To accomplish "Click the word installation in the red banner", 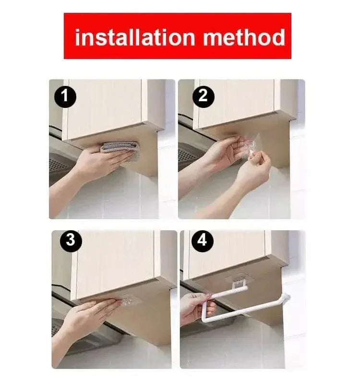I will pyautogui.click(x=136, y=36).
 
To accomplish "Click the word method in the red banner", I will pyautogui.click(x=244, y=36).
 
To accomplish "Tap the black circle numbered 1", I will pyautogui.click(x=65, y=97).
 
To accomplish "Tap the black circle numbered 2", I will pyautogui.click(x=203, y=96).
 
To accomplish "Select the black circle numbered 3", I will pyautogui.click(x=71, y=240).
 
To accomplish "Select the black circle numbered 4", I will pyautogui.click(x=202, y=240).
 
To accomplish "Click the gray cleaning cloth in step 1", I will pyautogui.click(x=120, y=146).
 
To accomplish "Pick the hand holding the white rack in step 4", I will pyautogui.click(x=194, y=307).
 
